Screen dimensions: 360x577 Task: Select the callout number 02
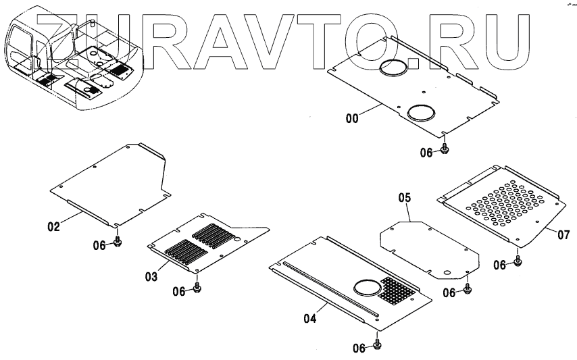53,226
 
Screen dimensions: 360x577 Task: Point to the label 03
151,277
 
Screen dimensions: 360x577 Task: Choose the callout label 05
404,198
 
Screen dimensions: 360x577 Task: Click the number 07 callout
564,234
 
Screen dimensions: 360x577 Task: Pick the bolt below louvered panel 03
197,288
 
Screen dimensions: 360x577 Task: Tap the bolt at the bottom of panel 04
378,345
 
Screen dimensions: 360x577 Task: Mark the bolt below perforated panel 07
518,261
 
